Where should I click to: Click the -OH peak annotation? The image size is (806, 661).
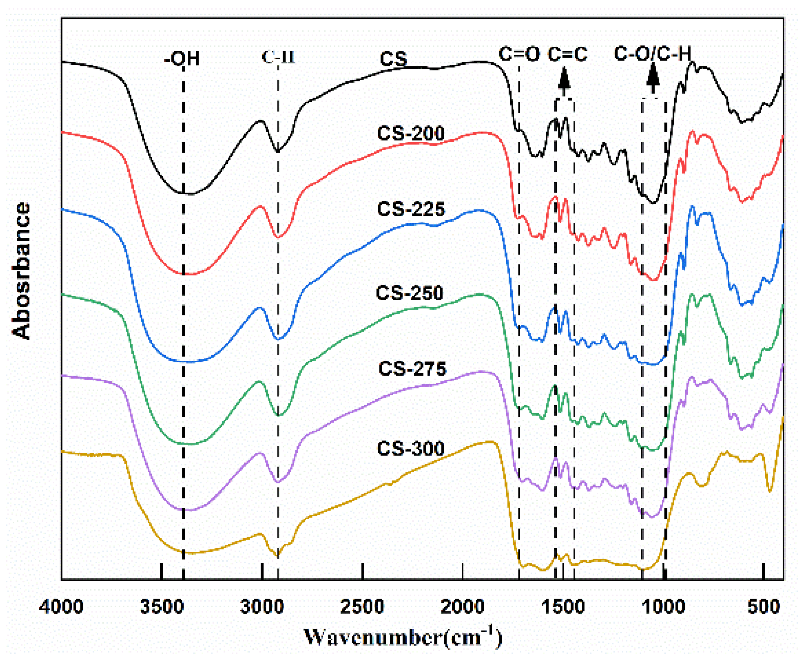click(182, 59)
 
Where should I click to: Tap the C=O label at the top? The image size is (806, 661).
click(519, 54)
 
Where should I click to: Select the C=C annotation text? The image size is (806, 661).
click(567, 55)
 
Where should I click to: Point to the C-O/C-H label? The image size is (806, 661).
click(652, 53)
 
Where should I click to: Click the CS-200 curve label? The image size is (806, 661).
click(411, 133)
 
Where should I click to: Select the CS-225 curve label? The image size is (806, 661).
click(411, 209)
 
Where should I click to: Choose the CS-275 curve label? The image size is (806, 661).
click(412, 369)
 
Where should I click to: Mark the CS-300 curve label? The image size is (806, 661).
click(411, 448)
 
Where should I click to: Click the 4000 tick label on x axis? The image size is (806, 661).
click(61, 606)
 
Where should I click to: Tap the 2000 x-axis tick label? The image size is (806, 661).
click(462, 606)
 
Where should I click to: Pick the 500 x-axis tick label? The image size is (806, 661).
click(763, 606)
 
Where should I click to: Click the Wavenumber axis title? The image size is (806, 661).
click(404, 637)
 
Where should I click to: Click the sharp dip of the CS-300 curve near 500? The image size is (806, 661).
click(770, 491)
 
